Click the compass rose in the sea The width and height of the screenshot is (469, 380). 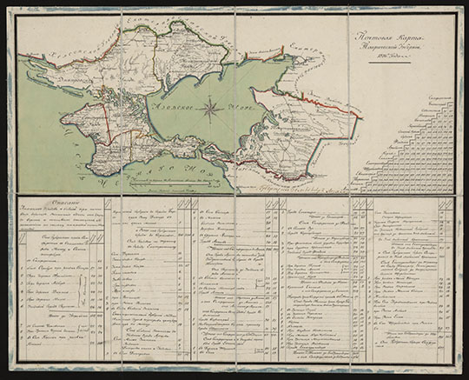(210, 109)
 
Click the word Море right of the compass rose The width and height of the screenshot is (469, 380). (246, 110)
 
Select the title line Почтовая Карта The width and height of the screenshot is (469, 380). (394, 38)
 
